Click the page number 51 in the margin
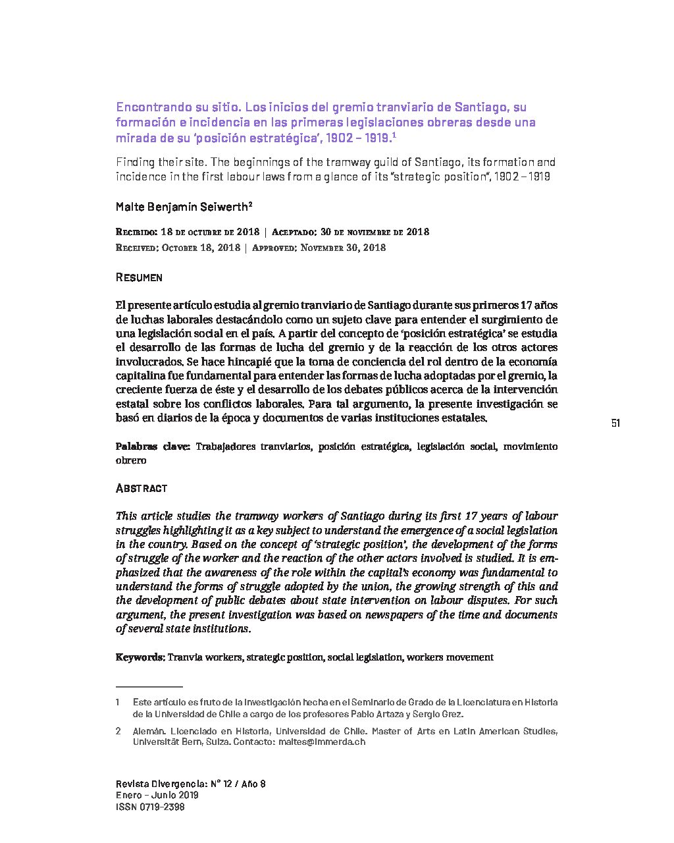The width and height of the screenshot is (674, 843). click(x=615, y=423)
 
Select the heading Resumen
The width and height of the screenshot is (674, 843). click(x=139, y=277)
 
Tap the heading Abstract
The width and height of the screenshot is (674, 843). click(x=142, y=488)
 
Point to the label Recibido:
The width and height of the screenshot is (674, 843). click(x=136, y=232)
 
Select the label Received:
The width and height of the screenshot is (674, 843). click(x=136, y=248)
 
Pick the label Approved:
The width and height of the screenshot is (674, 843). click(x=274, y=248)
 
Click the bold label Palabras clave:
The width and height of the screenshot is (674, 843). click(x=153, y=446)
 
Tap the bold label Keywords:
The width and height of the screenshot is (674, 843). click(x=140, y=657)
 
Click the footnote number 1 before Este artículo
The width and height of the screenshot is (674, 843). click(x=118, y=702)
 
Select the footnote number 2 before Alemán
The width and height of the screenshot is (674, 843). click(x=118, y=731)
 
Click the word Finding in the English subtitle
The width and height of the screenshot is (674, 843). click(x=135, y=162)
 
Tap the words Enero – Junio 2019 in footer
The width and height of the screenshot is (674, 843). click(x=157, y=795)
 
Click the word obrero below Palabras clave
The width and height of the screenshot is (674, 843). click(x=130, y=460)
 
